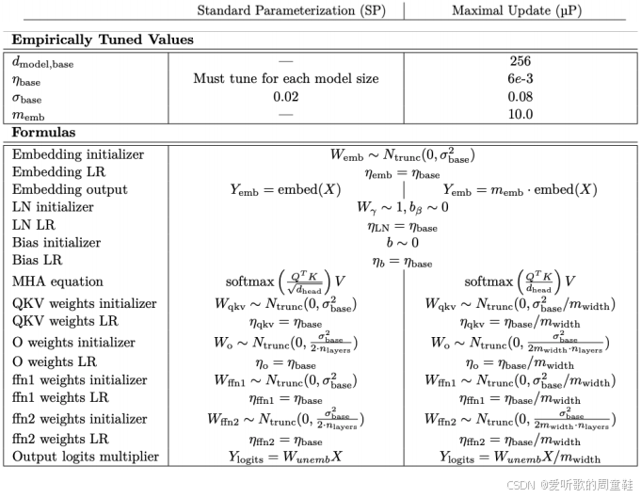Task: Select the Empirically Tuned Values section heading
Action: [103, 40]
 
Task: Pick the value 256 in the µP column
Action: [521, 61]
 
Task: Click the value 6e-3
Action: [521, 79]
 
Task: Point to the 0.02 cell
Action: [286, 97]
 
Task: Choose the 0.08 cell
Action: [521, 97]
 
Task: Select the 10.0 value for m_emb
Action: [521, 115]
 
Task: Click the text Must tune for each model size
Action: [286, 79]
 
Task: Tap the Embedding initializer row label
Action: [78, 153]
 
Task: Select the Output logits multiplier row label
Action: [85, 458]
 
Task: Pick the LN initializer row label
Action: [54, 206]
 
